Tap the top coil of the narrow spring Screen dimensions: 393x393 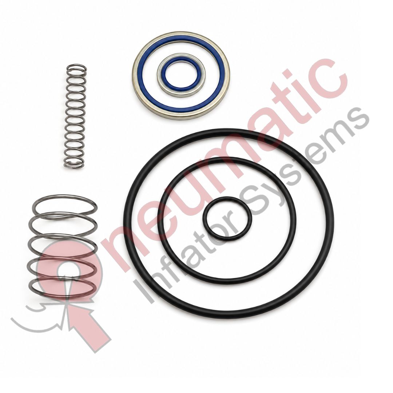point(77,68)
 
